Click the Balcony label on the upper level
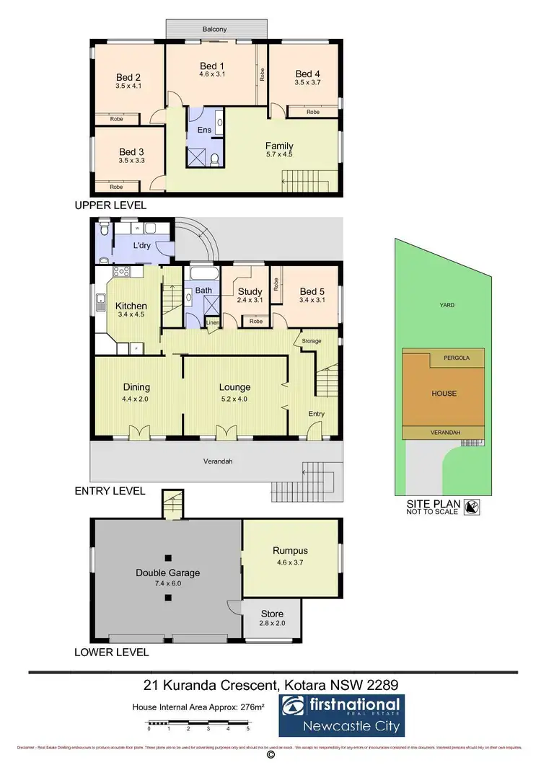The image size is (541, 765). coord(214,29)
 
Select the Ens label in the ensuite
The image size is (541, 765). coord(204,131)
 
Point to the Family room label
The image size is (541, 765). coord(279,146)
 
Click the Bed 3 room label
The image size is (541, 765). coord(131,151)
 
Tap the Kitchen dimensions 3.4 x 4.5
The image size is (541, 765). coord(131,314)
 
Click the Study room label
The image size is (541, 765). coord(250,291)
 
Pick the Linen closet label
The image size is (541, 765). coord(212,322)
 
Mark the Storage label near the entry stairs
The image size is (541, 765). coord(312,340)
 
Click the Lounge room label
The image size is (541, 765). coord(234,387)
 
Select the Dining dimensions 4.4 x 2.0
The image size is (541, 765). coord(137,398)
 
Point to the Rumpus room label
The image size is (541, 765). coord(290,551)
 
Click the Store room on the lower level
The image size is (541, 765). coord(272,614)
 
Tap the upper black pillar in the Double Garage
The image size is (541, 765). coord(167,557)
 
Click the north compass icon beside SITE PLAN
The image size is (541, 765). coord(472,508)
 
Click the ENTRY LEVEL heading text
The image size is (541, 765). coord(110,491)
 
